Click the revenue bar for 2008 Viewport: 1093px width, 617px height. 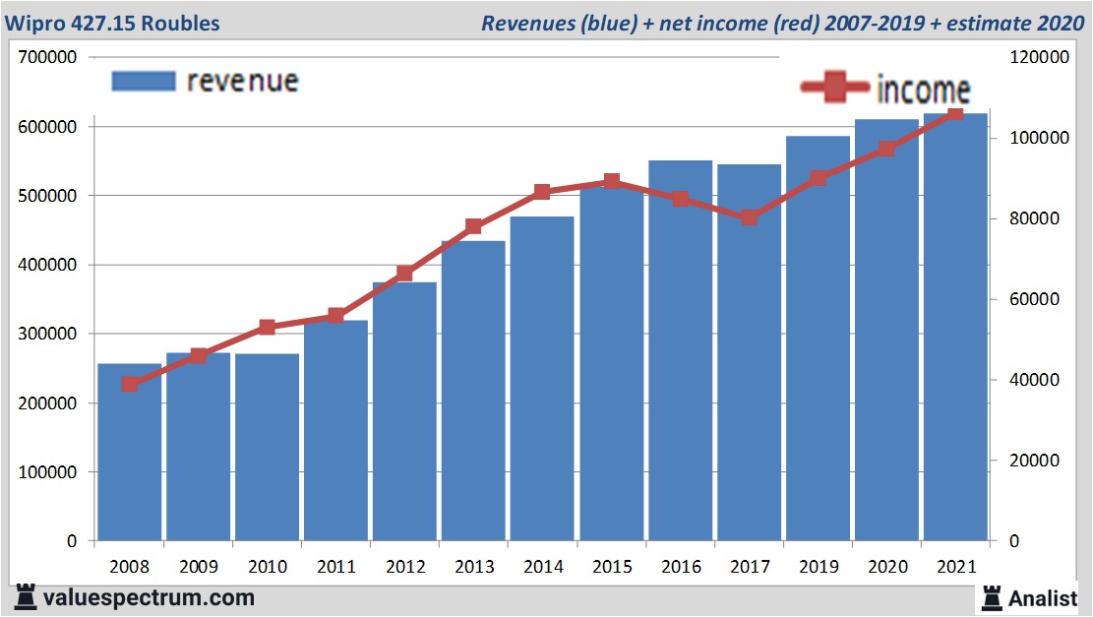click(x=129, y=453)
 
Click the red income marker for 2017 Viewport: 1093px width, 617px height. click(x=750, y=217)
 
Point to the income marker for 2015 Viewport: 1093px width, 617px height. click(x=612, y=181)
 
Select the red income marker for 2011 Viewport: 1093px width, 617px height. click(x=336, y=316)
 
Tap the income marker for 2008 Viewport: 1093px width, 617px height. click(x=130, y=385)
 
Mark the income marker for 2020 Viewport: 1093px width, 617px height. click(x=887, y=149)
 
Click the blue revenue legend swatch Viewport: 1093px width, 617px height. click(x=144, y=81)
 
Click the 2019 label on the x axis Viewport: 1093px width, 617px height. click(x=818, y=568)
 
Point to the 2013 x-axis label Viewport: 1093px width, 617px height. click(x=473, y=568)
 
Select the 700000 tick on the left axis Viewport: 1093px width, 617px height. click(x=48, y=57)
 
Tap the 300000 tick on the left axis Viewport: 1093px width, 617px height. click(x=48, y=334)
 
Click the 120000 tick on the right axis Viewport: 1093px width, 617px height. click(x=1039, y=57)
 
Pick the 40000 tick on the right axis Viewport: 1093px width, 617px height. click(x=1035, y=380)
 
